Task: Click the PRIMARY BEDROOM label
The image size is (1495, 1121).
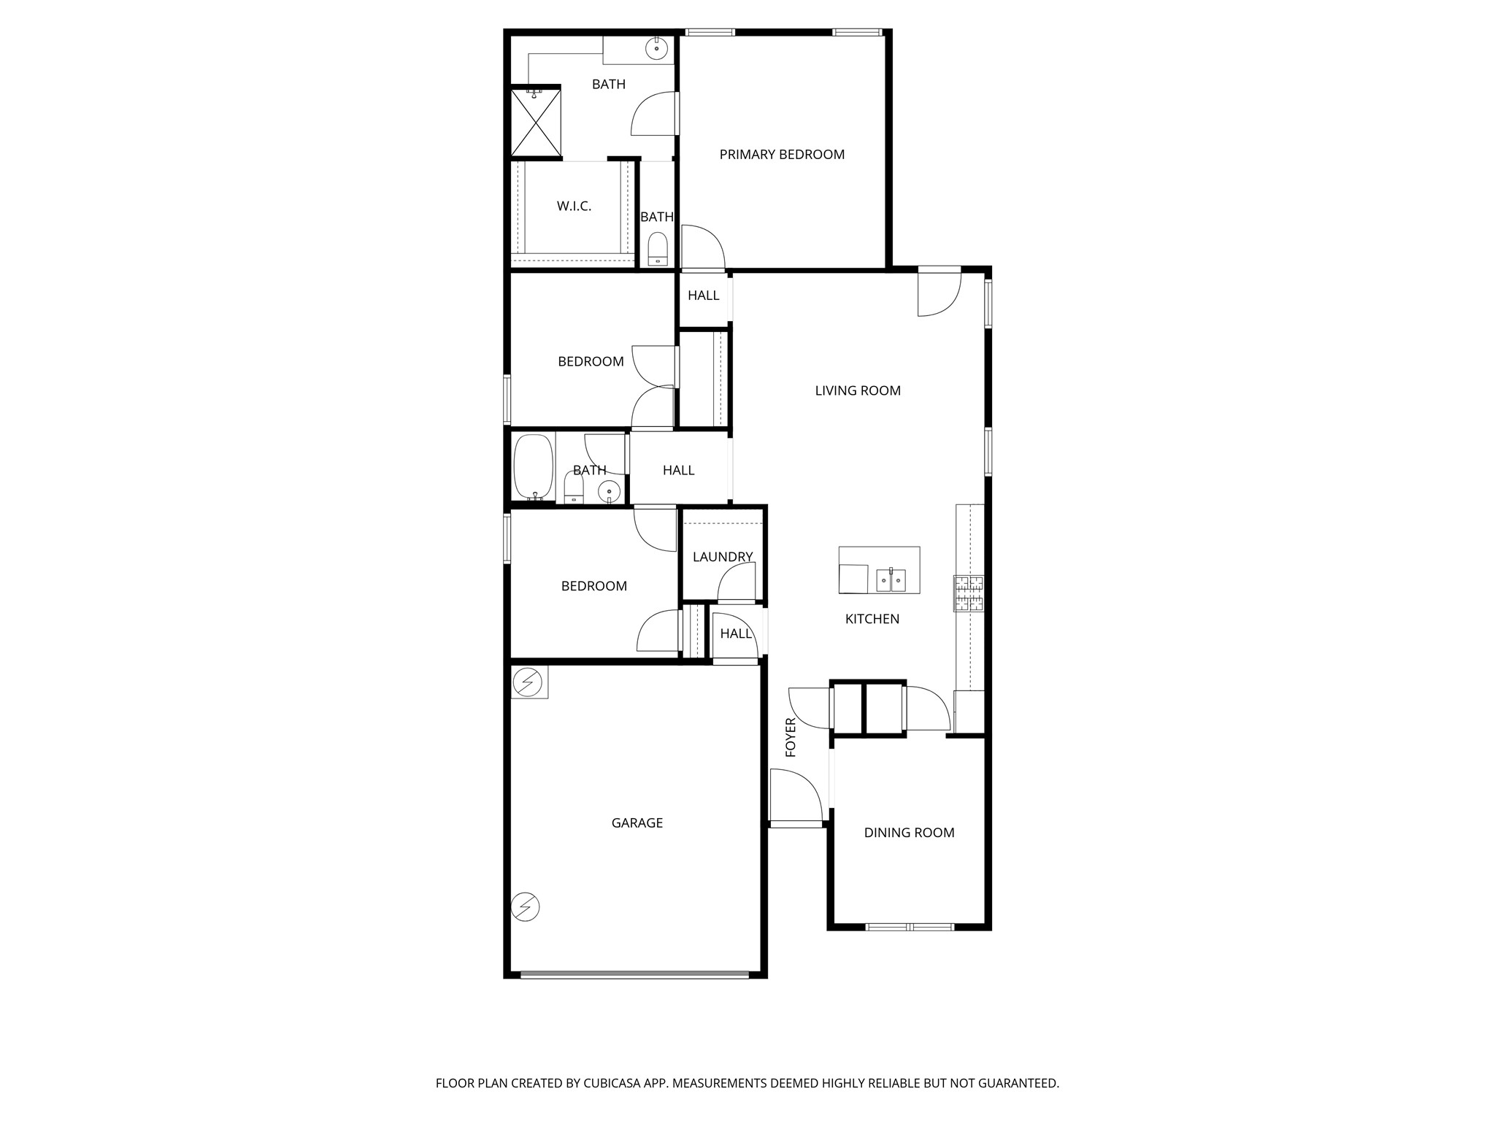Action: [782, 155]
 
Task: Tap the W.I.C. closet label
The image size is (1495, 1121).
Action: [574, 207]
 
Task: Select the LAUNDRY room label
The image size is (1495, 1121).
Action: [722, 557]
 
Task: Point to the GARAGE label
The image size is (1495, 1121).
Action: [637, 823]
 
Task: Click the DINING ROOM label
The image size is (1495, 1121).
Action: [909, 833]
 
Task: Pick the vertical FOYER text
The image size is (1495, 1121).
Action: [791, 737]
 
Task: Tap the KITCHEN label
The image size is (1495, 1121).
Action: [872, 619]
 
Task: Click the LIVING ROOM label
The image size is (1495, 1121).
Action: [858, 390]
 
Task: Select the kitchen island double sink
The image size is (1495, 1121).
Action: [891, 580]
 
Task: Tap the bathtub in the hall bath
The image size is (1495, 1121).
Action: [533, 466]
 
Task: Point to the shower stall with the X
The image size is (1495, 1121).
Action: [536, 123]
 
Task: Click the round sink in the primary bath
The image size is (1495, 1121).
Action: [656, 49]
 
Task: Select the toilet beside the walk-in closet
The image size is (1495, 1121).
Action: [658, 249]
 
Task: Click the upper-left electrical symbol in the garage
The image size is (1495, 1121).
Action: [528, 683]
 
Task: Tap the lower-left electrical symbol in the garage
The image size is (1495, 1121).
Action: [526, 907]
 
